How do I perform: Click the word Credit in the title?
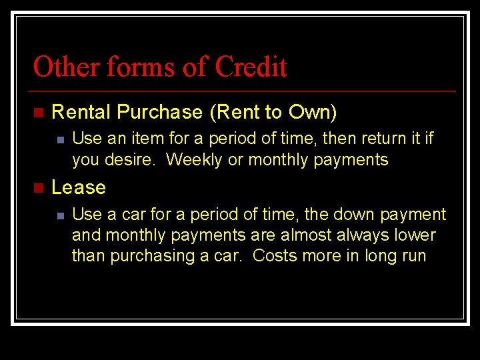[251, 67]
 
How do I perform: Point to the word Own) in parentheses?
[313, 112]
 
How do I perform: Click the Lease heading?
[79, 187]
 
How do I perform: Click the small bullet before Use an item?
[59, 139]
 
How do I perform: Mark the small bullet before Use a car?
[59, 215]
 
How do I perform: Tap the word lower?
[417, 235]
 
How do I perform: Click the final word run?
[413, 257]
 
